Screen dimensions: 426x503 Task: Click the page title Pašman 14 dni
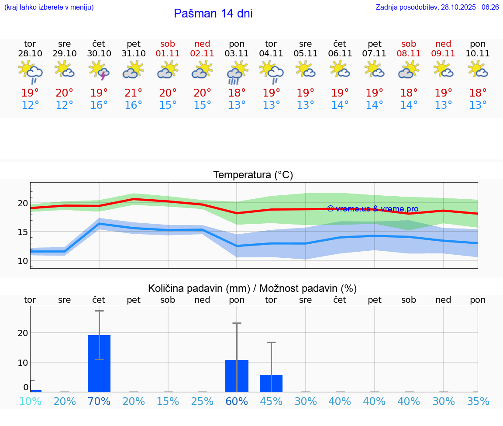tap(213, 14)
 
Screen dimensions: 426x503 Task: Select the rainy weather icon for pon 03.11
tap(237, 72)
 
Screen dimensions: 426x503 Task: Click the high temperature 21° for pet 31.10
tap(133, 93)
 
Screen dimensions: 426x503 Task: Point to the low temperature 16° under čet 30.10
tap(99, 105)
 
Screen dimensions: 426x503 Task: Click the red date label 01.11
tap(168, 54)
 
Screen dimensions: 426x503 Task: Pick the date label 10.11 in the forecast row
tap(478, 54)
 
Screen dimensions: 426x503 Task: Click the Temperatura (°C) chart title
tap(253, 175)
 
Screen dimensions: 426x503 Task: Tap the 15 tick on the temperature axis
tap(23, 232)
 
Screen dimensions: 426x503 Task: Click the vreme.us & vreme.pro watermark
tap(372, 209)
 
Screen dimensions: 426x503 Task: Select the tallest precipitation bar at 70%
tap(99, 364)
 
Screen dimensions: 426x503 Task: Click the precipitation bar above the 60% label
tap(237, 376)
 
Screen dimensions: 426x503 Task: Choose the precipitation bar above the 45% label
tap(271, 383)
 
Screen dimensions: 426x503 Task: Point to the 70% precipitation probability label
tap(99, 401)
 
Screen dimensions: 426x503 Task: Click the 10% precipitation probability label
tap(30, 401)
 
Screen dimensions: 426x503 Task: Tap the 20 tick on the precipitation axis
tap(23, 333)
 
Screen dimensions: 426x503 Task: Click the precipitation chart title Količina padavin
tap(252, 288)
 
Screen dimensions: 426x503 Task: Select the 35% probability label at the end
tap(478, 401)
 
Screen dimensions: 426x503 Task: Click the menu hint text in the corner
tap(49, 7)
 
